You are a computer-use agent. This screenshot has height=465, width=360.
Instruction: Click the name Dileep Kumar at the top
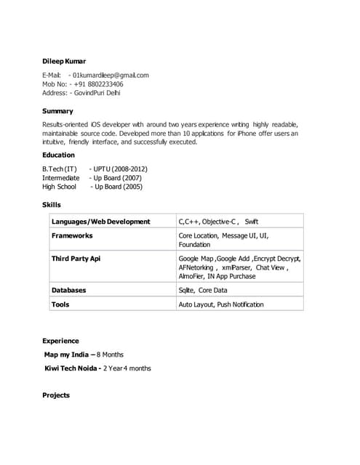point(64,61)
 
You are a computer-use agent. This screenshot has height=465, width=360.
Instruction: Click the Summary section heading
point(57,111)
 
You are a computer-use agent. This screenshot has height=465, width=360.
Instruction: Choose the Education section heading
point(58,155)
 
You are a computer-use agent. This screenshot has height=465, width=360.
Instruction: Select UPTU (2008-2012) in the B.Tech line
point(119,169)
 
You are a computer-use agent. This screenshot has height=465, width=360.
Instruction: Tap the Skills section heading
point(52,205)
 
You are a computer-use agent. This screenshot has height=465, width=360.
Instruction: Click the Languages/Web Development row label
point(100,222)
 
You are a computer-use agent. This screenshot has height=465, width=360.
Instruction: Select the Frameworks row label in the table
point(72,236)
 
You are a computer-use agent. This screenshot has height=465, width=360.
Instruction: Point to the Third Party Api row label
point(76,259)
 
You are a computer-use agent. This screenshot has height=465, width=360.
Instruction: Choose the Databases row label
point(68,290)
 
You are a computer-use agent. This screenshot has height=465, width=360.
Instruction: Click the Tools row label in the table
point(60,304)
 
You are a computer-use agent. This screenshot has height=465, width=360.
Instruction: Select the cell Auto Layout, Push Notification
point(221,304)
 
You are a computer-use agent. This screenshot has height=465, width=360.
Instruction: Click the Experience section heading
point(60,341)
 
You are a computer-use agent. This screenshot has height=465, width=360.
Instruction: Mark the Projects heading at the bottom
point(56,395)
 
